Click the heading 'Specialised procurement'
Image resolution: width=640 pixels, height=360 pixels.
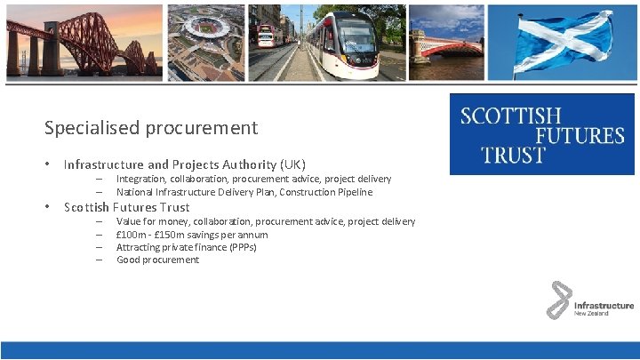click(151, 127)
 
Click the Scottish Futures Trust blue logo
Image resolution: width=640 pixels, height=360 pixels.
click(541, 134)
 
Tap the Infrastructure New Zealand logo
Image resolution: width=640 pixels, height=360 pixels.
click(589, 300)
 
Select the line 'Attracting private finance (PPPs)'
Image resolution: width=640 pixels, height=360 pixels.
click(186, 247)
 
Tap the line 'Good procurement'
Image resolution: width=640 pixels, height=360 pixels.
click(157, 260)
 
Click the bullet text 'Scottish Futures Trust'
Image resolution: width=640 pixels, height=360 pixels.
click(126, 207)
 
